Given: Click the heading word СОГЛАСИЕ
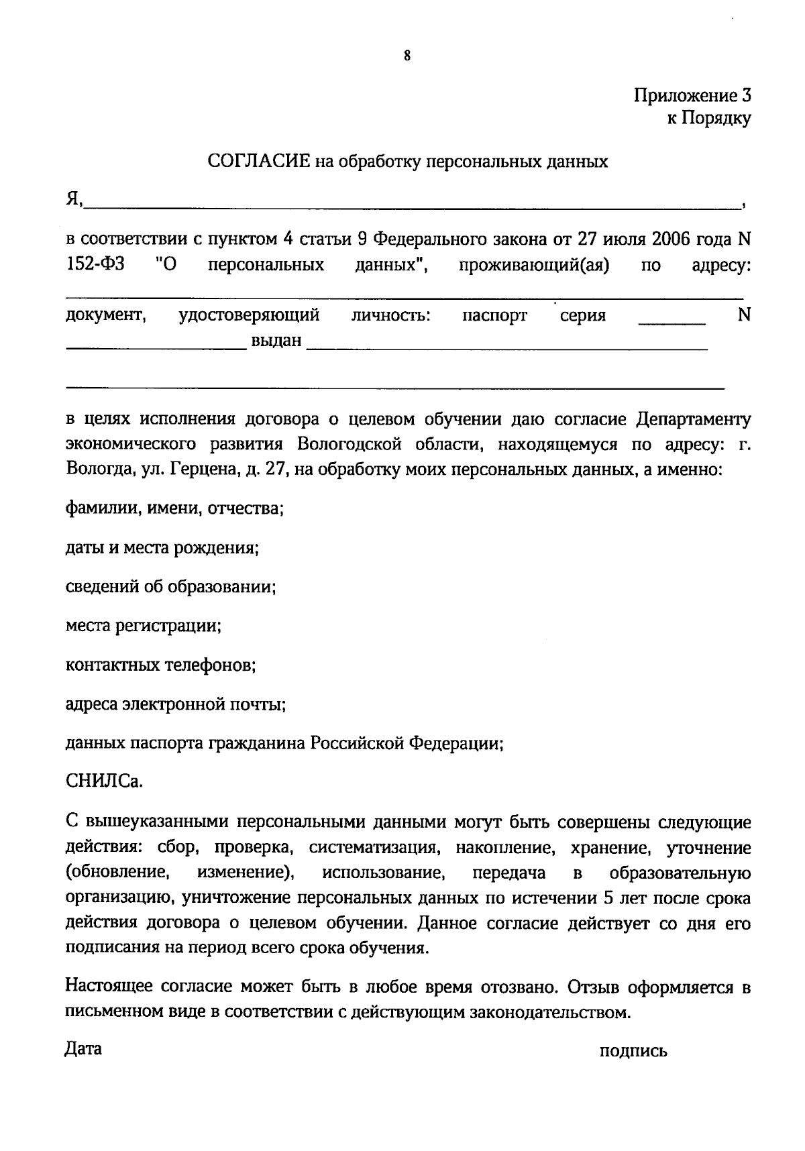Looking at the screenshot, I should tap(258, 162).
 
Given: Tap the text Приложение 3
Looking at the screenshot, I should tap(692, 95).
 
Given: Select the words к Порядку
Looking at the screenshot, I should tap(708, 119).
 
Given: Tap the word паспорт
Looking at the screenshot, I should tap(494, 315).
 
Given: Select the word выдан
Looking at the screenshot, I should tap(276, 341).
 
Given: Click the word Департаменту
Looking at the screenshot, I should tap(694, 419).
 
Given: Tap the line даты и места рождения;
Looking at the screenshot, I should tap(162, 548).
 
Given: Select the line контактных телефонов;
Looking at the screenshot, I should tap(161, 665).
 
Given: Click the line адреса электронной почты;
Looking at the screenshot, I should tap(176, 705).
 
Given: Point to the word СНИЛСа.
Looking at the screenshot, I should tap(104, 782).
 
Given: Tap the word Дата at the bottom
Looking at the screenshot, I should tap(83, 1048).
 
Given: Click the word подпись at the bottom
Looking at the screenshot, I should tap(633, 1051).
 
